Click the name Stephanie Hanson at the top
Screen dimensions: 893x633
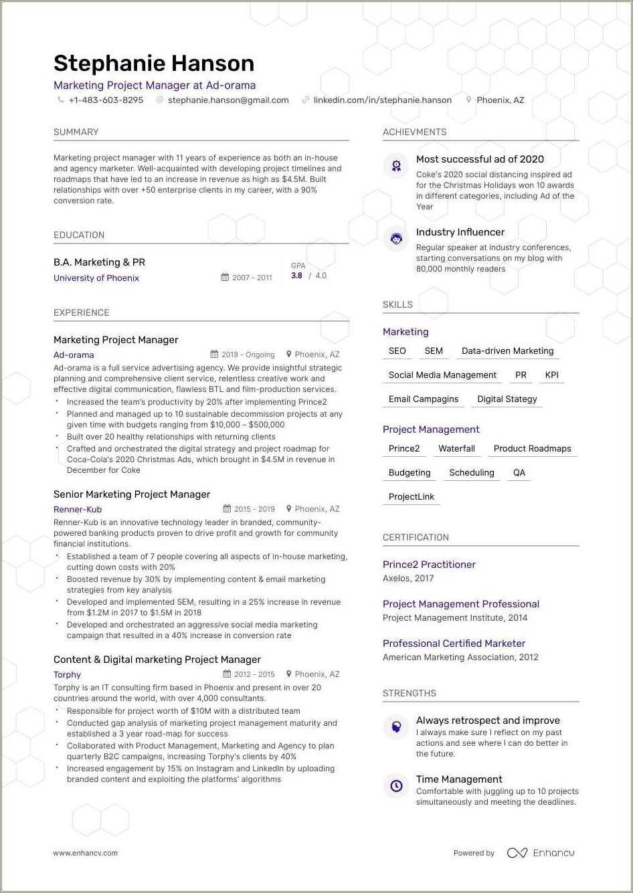(x=154, y=64)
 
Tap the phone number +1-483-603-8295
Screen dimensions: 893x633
(x=106, y=100)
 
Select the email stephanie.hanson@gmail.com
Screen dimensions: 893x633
(x=228, y=100)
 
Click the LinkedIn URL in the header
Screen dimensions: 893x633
(x=382, y=100)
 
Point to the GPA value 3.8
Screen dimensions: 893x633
(x=296, y=276)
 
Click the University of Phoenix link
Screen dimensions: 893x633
(x=96, y=278)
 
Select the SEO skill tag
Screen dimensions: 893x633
(x=397, y=351)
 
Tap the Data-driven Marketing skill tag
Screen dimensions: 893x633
(x=507, y=351)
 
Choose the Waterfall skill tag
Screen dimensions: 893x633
(x=456, y=449)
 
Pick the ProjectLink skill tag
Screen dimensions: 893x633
(x=412, y=497)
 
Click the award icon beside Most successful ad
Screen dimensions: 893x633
(x=396, y=165)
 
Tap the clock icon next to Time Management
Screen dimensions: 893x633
(x=396, y=786)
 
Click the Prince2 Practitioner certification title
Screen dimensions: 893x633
(x=429, y=565)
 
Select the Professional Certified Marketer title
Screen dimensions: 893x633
(x=454, y=643)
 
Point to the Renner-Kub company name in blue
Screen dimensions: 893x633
(x=78, y=510)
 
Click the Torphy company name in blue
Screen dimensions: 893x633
(x=67, y=675)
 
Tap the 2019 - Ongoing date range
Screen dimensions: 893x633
(x=248, y=355)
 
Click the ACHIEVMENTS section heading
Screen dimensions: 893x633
(x=414, y=132)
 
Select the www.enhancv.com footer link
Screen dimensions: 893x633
(x=86, y=853)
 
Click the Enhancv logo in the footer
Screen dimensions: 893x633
(x=541, y=853)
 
